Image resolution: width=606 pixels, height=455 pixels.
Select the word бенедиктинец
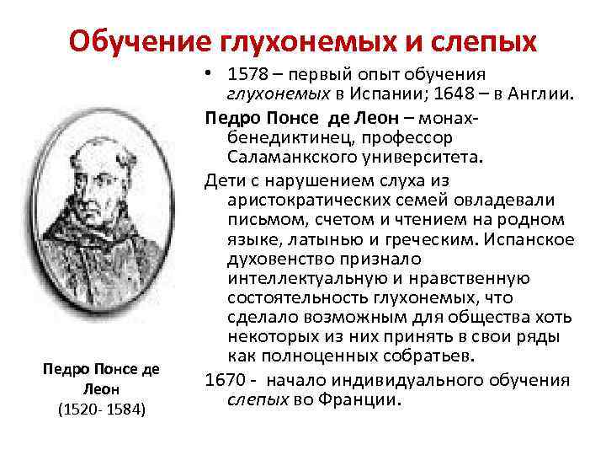284,136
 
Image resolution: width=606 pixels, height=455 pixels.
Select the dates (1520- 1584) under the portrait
103,409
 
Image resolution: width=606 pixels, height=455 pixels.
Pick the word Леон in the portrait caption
102,389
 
